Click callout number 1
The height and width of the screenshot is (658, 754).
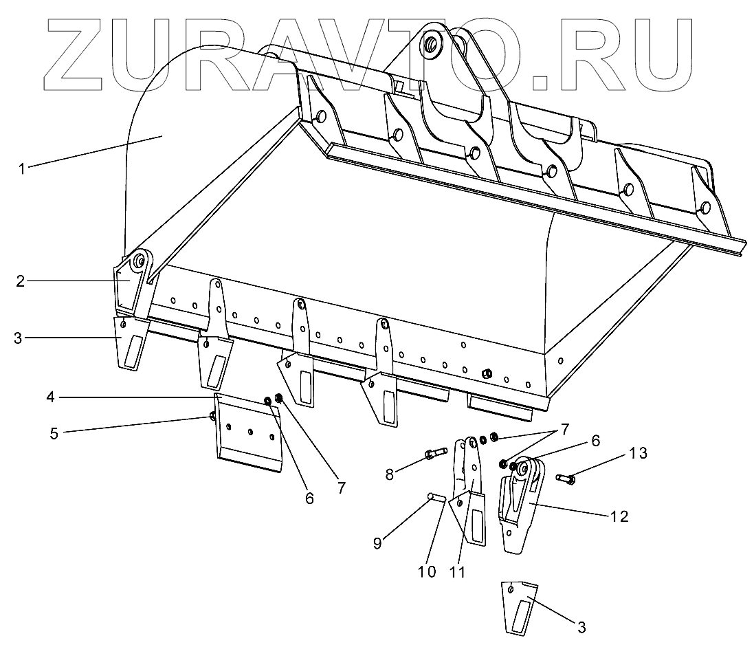tap(23, 168)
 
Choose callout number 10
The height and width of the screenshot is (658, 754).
tap(427, 571)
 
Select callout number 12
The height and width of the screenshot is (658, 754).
tap(619, 516)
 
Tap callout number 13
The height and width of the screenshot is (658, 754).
tap(638, 453)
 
